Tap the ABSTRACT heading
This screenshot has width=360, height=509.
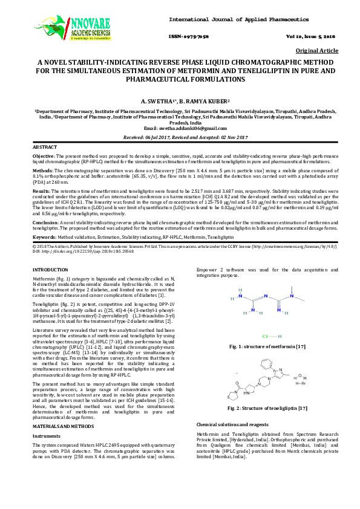44,148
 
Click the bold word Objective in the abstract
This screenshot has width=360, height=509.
43,156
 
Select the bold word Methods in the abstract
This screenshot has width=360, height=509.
42,171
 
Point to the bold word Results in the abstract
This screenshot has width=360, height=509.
41,190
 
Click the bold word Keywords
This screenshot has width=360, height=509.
44,237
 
